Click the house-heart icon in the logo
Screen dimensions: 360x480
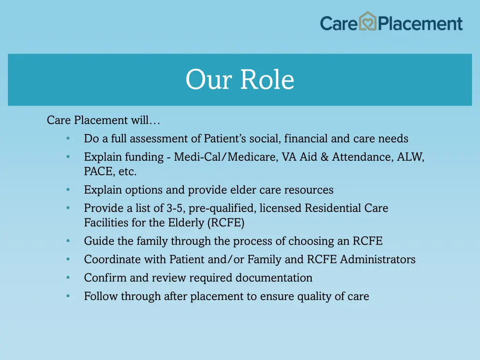coord(368,22)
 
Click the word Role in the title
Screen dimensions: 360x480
coord(267,80)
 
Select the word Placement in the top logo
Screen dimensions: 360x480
coord(420,23)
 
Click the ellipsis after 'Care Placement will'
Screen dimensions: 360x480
coord(155,120)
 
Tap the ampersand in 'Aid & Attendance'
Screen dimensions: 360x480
coord(324,157)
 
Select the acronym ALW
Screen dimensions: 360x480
coord(410,157)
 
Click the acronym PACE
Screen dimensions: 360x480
coord(97,172)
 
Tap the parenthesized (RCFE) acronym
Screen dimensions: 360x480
coord(225,223)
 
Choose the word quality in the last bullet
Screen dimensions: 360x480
coord(314,296)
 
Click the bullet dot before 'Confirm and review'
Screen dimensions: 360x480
coord(68,278)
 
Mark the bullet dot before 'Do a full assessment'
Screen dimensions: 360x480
coord(68,139)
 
